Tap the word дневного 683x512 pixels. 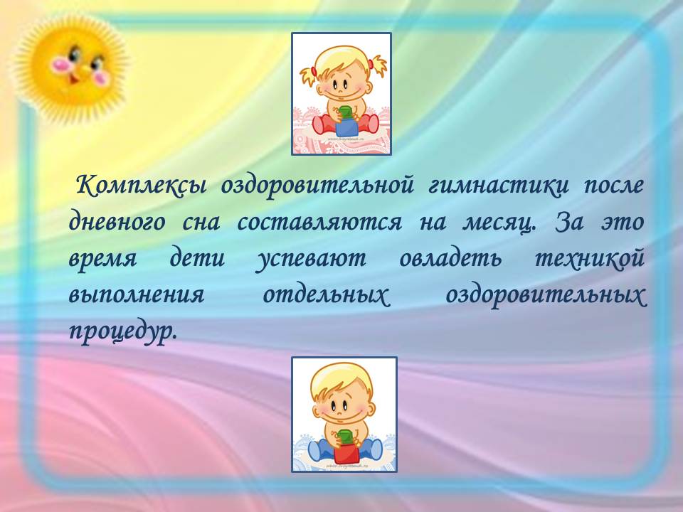[x=117, y=223]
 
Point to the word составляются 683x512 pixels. [x=319, y=223]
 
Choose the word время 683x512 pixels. [x=102, y=260]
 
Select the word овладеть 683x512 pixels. [x=450, y=258]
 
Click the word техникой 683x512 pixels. [x=589, y=257]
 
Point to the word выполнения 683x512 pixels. [x=137, y=295]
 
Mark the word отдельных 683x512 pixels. [x=325, y=295]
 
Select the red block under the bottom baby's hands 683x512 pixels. [x=346, y=454]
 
